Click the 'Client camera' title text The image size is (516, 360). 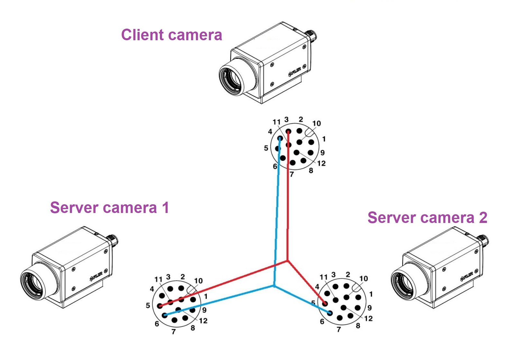pos(171,35)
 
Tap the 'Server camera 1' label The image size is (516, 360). pos(109,208)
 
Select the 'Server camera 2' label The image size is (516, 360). pos(427,218)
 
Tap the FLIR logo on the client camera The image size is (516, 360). pos(295,72)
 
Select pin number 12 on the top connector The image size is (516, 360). pos(297,152)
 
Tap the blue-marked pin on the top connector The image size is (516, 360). pos(280,138)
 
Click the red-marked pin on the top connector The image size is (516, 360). pos(288,131)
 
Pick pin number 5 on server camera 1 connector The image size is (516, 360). pos(159,306)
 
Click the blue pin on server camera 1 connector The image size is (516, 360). pos(165,315)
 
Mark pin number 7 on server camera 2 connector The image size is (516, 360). pos(340,318)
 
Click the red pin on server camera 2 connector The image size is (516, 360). pos(325,303)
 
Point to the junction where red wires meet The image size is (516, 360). pos(287,261)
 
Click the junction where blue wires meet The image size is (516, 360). pos(274,286)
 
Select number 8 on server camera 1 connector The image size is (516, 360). pos(193,328)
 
